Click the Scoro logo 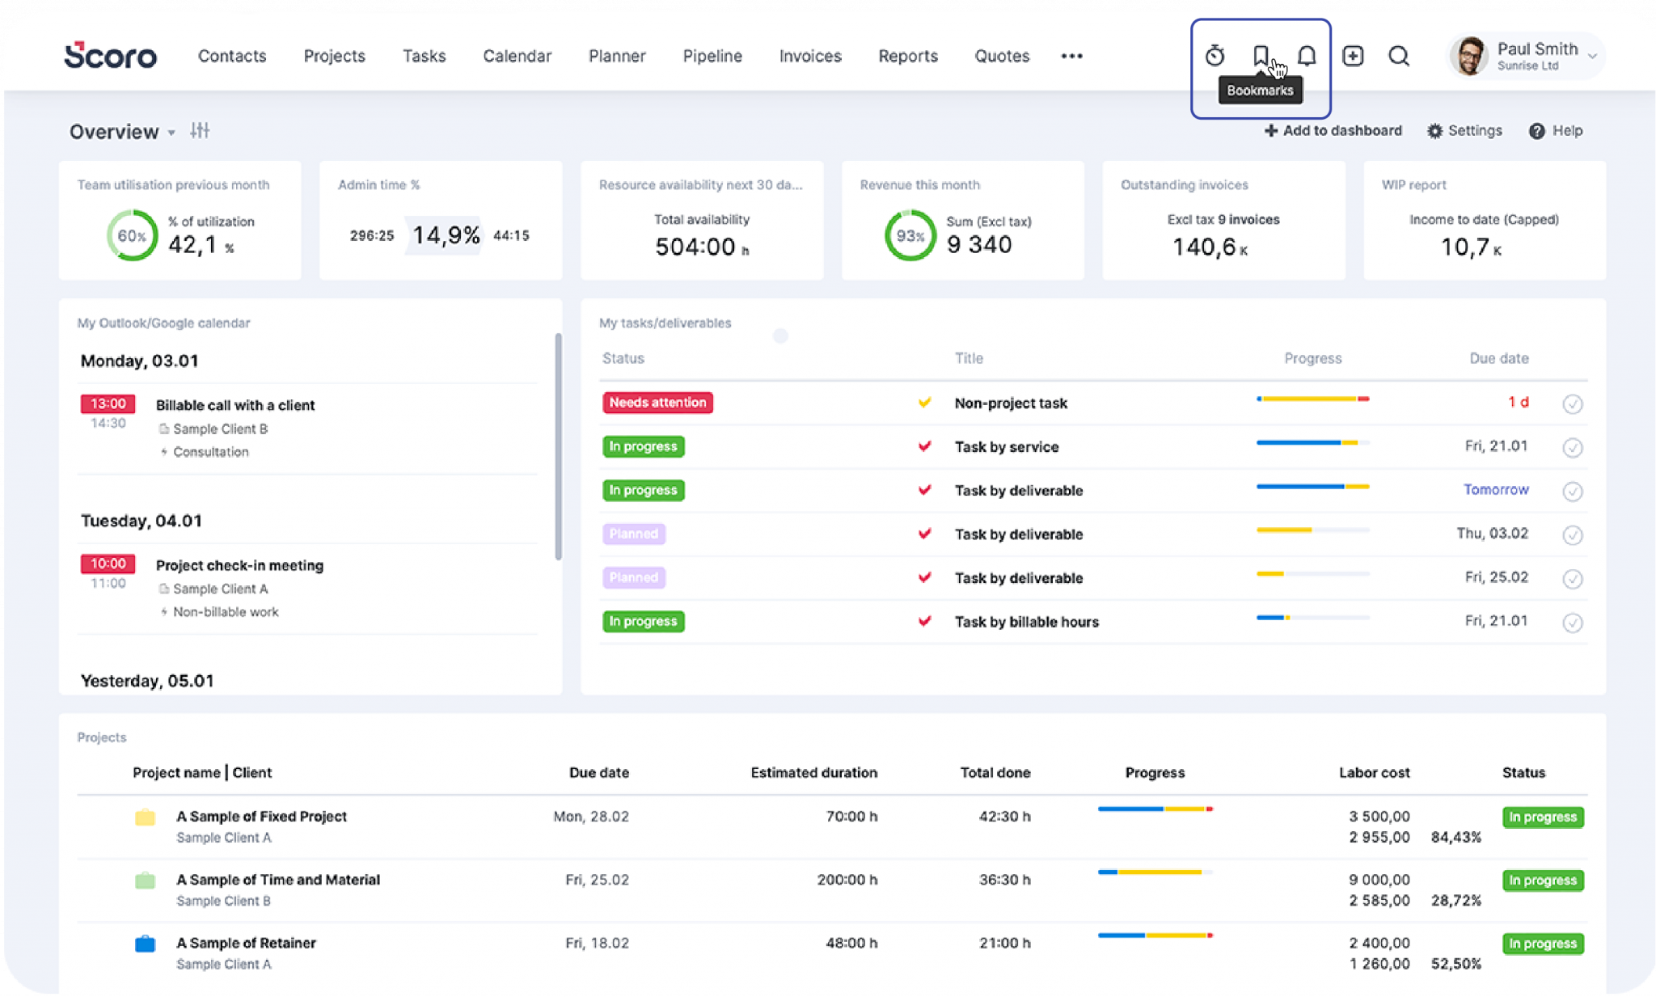point(110,56)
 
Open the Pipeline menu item point(712,56)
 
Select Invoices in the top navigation point(810,56)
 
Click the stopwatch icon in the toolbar point(1215,56)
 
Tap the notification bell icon point(1307,56)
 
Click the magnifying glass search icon point(1399,56)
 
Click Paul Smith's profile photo point(1470,56)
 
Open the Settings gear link point(1464,131)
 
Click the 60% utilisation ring point(133,235)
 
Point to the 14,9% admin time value point(446,235)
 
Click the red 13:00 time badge point(108,403)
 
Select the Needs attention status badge point(657,403)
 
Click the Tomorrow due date point(1496,490)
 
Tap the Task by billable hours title point(1026,622)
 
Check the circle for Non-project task point(1573,404)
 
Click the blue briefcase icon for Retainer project point(145,944)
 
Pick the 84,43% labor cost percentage point(1455,838)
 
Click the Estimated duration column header point(813,773)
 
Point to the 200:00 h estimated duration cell point(847,880)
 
